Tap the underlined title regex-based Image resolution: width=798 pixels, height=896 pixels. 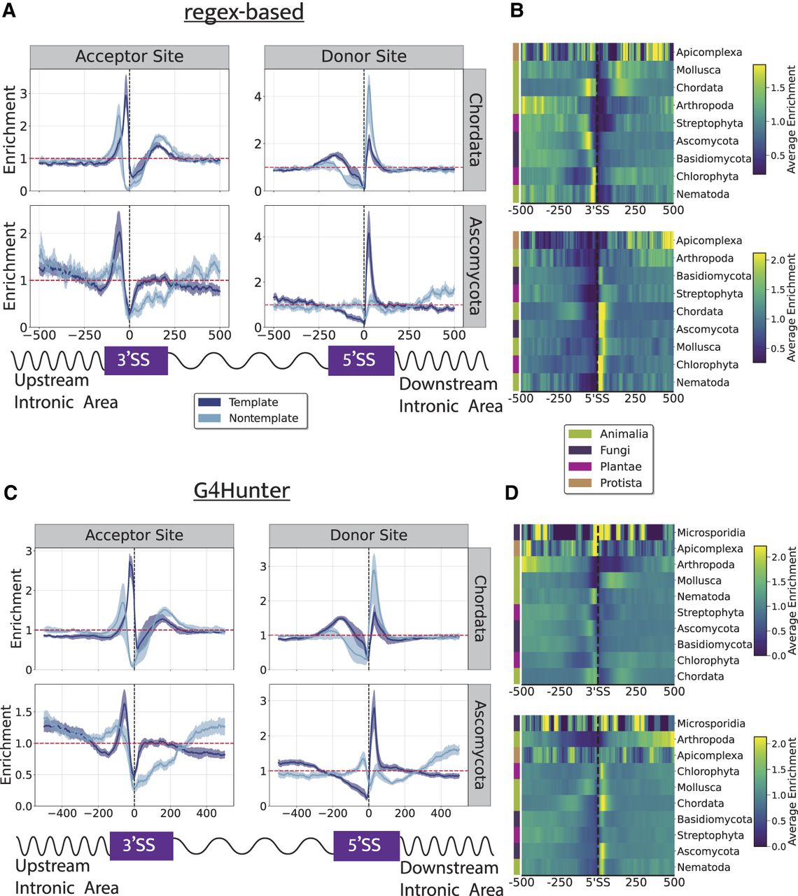coord(244,13)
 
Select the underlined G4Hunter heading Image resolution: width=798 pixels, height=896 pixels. coord(241,491)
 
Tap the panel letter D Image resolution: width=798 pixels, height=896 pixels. coord(512,493)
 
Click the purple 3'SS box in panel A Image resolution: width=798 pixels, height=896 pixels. coord(136,360)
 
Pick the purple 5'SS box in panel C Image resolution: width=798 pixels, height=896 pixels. coord(365,845)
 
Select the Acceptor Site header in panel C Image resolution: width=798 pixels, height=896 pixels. coord(134,535)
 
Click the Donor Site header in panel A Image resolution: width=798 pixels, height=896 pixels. coord(363,57)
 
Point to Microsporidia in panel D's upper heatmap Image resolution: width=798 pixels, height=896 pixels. coord(710,533)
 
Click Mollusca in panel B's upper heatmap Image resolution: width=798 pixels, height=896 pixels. coord(698,70)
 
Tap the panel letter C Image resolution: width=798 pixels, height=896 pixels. coord(10,493)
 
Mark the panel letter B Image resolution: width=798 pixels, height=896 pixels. coord(517,11)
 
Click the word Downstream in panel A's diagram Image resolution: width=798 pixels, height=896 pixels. coord(448,384)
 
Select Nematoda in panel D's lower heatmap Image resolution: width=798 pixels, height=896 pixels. coord(703,867)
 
